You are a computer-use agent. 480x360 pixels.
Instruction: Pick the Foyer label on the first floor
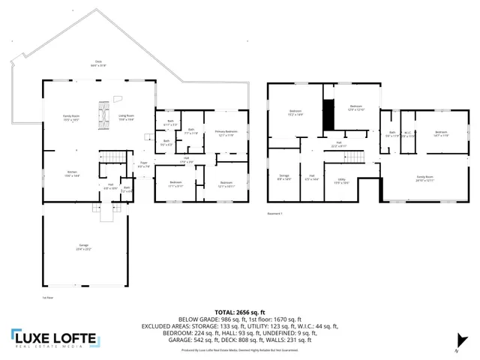(143, 164)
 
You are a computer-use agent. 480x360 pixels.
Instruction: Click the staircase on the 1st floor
(110, 156)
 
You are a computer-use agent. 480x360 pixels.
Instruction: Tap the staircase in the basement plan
(361, 157)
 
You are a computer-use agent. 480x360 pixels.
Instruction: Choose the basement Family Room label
(424, 178)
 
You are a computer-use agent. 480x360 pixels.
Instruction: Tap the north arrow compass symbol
(454, 346)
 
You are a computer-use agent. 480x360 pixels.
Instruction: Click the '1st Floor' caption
(47, 297)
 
